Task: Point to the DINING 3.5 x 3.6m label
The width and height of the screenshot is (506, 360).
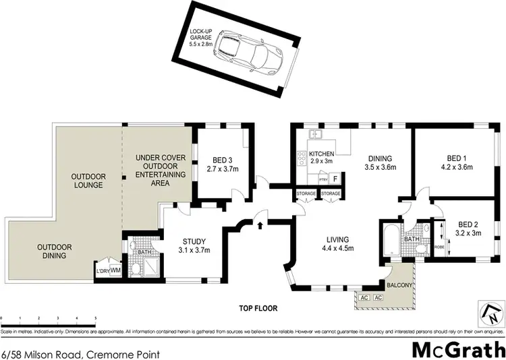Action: click(x=379, y=162)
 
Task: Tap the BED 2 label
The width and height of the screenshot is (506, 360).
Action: click(x=468, y=229)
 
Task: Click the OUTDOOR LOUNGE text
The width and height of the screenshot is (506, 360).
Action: click(x=88, y=180)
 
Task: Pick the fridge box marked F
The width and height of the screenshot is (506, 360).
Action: click(x=335, y=179)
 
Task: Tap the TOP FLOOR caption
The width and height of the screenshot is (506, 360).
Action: click(x=258, y=308)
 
